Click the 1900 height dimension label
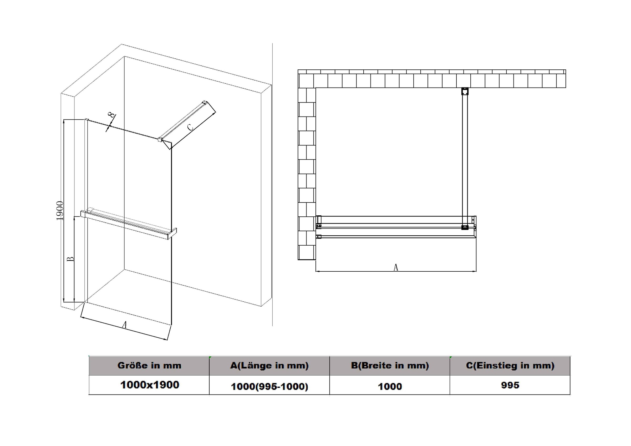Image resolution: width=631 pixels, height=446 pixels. click(60, 211)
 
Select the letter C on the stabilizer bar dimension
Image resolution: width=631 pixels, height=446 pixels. click(190, 127)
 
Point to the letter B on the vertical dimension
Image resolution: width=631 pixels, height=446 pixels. click(71, 259)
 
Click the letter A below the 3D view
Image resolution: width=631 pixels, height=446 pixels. click(125, 325)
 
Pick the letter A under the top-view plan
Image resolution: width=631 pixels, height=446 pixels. click(396, 267)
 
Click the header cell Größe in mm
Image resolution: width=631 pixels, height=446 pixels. click(149, 366)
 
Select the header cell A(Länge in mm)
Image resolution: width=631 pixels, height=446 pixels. click(269, 366)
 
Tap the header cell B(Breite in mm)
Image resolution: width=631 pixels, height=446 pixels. click(390, 366)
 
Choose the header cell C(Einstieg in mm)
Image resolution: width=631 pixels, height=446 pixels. click(510, 366)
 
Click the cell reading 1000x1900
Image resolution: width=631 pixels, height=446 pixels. click(150, 385)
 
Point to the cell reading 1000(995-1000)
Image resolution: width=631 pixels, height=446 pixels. click(269, 387)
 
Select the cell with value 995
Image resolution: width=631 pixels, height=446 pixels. click(510, 385)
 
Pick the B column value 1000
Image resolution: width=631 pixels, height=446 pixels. click(390, 387)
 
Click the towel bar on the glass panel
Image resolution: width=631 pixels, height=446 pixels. click(128, 225)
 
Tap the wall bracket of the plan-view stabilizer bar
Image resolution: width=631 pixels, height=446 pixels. click(465, 91)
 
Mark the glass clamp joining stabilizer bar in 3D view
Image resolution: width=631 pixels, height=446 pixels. click(160, 140)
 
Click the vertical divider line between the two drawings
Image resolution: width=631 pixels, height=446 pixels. click(272, 185)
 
